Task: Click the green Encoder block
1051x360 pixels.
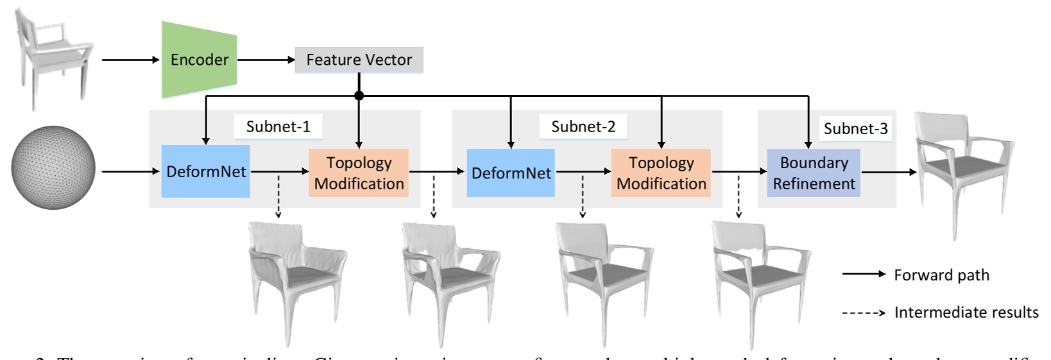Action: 199,60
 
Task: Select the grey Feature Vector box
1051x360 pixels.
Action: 359,60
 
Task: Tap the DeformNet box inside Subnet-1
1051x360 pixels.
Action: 205,172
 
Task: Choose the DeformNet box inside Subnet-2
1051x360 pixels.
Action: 511,173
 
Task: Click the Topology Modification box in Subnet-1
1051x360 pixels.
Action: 359,173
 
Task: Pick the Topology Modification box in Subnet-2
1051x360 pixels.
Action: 661,173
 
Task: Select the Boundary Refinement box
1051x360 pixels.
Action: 813,173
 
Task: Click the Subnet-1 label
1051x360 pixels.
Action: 278,126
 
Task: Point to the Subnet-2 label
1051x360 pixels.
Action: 583,126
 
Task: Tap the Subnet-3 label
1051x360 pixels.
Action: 855,128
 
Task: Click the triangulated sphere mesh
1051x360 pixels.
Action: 53,167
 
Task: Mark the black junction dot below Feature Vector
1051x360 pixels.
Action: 359,96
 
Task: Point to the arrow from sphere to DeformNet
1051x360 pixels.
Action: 131,171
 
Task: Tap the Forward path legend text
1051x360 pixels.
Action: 941,275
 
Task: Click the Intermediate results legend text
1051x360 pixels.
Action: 966,313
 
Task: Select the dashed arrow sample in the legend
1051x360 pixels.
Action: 864,313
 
